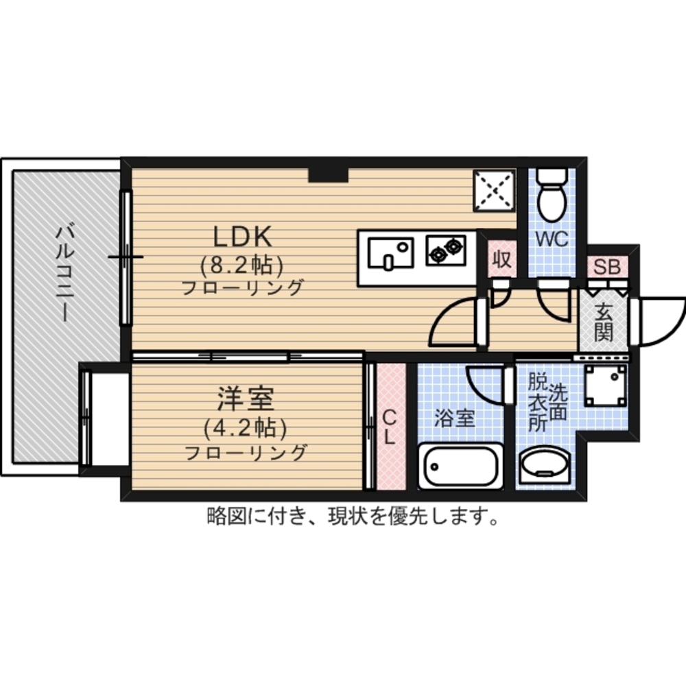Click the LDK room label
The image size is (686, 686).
pyautogui.click(x=243, y=237)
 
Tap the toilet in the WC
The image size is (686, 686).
pyautogui.click(x=552, y=194)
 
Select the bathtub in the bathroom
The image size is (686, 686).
pyautogui.click(x=461, y=466)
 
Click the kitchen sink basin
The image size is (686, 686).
pyautogui.click(x=391, y=253)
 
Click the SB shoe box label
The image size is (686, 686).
pyautogui.click(x=607, y=267)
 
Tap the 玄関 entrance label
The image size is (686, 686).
pyautogui.click(x=604, y=322)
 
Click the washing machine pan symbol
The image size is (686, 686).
pyautogui.click(x=605, y=386)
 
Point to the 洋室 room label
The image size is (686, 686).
pyautogui.click(x=246, y=399)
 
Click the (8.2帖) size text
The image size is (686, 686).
pyautogui.click(x=242, y=265)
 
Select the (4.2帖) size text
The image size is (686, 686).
pyautogui.click(x=246, y=429)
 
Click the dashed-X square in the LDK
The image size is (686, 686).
pyautogui.click(x=495, y=190)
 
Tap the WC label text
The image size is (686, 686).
pyautogui.click(x=552, y=239)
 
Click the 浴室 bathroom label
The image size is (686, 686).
pyautogui.click(x=455, y=418)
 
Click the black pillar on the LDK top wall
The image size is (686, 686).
pyautogui.click(x=328, y=176)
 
